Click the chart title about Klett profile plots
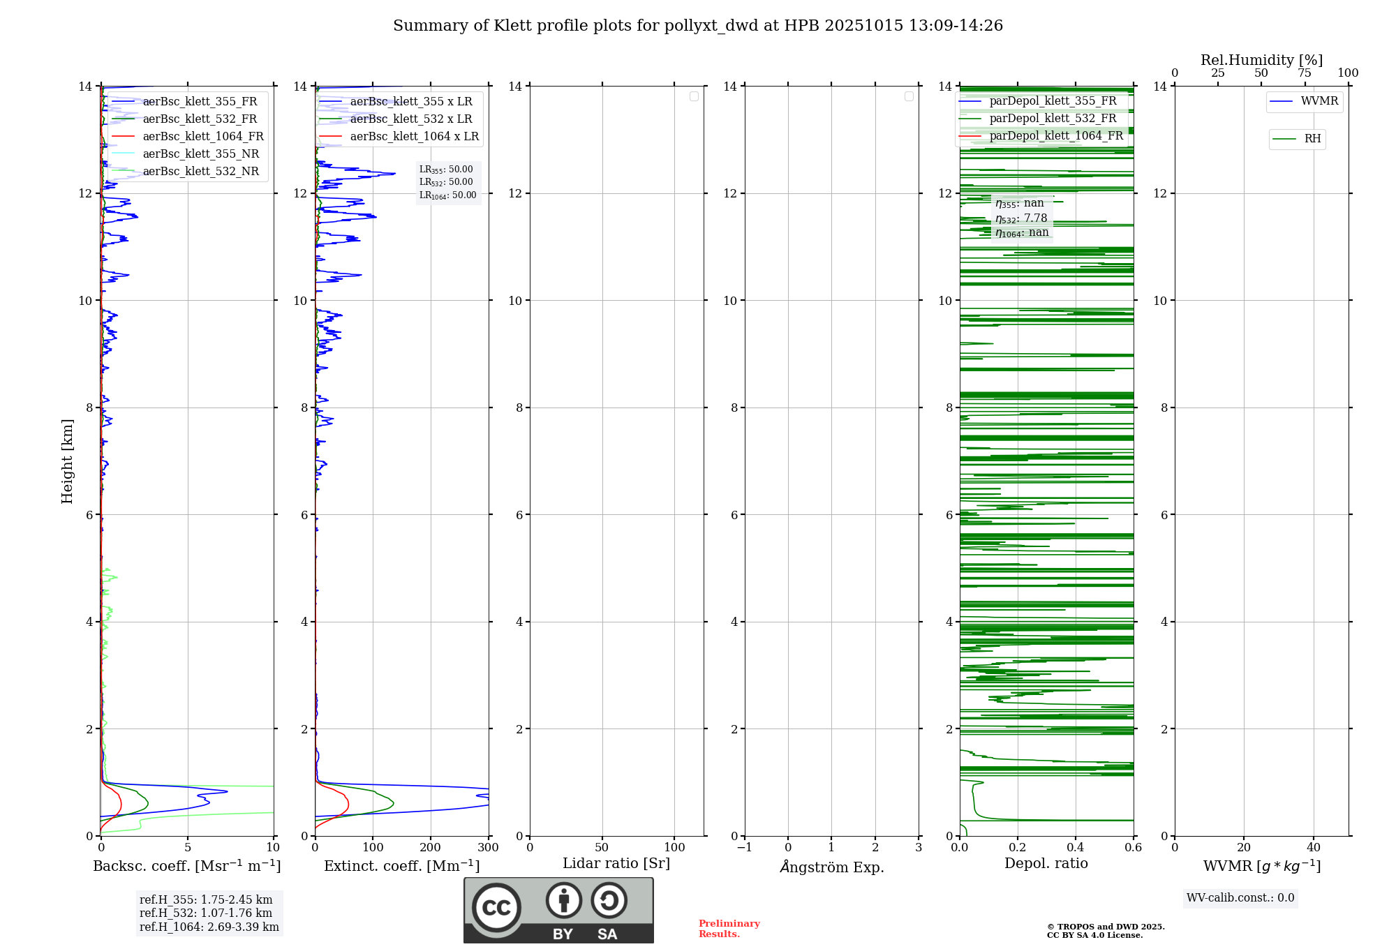(x=697, y=26)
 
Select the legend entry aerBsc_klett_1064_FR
(x=202, y=137)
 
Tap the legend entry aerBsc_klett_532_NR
(x=200, y=172)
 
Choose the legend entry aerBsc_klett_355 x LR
(x=410, y=102)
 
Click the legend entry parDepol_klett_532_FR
(x=1052, y=119)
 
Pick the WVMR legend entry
(x=1319, y=101)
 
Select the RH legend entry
(x=1312, y=139)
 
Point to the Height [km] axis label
(x=67, y=461)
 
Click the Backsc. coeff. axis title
(x=186, y=866)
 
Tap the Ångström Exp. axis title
(x=831, y=867)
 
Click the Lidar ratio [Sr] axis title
(x=616, y=864)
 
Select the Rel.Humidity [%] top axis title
(x=1261, y=60)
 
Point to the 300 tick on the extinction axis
(x=488, y=848)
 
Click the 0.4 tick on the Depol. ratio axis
(x=1075, y=848)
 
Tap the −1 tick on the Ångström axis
(x=745, y=848)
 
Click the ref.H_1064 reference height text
(x=209, y=927)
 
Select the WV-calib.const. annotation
(x=1240, y=898)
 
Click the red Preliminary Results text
(x=729, y=929)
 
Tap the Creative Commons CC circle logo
(x=496, y=908)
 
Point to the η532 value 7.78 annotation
(x=1022, y=218)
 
